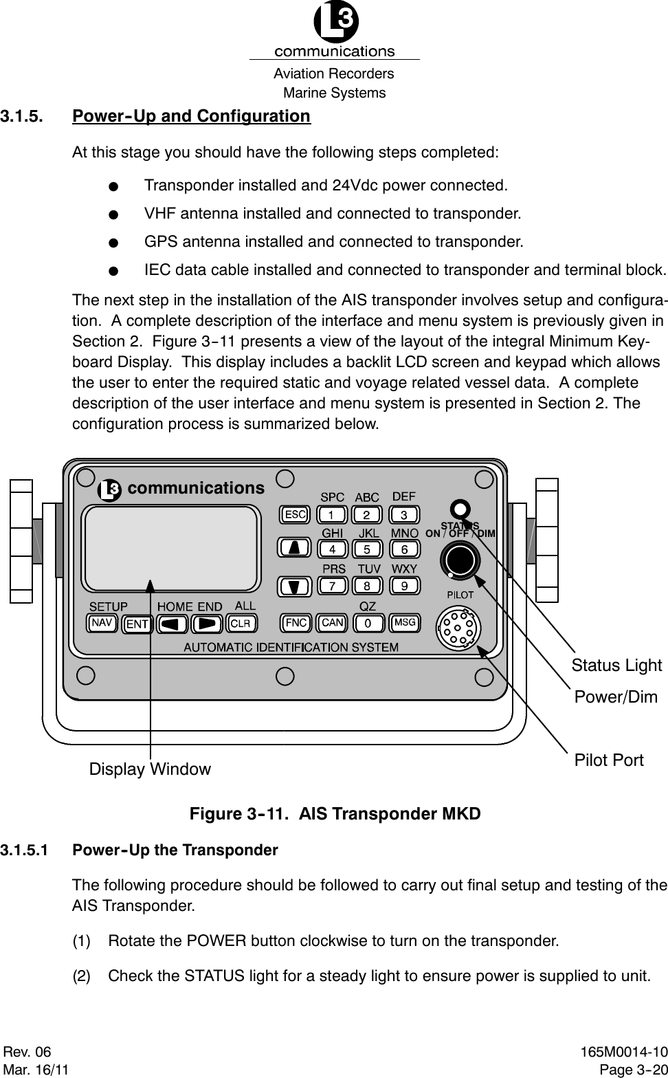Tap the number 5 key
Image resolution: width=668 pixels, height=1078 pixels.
point(368,549)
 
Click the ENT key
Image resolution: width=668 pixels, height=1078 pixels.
point(137,624)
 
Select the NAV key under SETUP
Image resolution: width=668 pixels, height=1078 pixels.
point(102,623)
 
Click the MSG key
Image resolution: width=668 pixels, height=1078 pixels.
point(405,623)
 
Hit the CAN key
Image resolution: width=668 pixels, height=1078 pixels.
point(333,623)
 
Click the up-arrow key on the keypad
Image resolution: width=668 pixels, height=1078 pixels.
point(294,548)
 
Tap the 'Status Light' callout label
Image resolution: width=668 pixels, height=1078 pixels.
point(616,665)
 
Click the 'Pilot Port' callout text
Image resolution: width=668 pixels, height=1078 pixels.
point(609,760)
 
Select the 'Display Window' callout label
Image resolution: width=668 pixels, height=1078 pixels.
point(150,769)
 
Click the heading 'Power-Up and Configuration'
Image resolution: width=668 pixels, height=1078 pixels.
point(192,115)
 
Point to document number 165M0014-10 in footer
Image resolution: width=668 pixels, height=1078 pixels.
point(623,1053)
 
